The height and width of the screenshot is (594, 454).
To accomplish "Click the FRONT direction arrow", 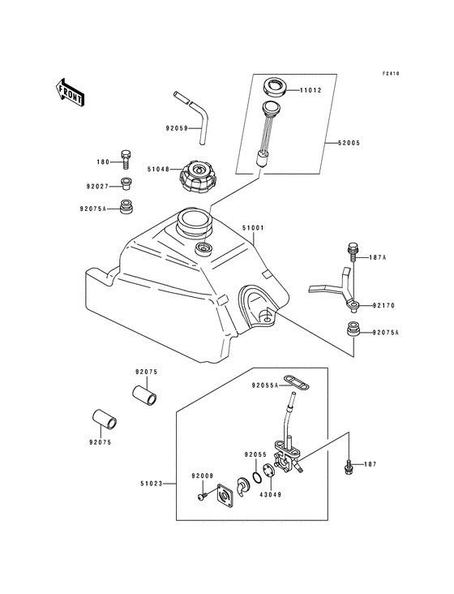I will point(71,93).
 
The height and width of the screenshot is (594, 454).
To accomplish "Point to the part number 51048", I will point(158,170).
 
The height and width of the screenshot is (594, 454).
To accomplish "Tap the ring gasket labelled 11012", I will point(275,85).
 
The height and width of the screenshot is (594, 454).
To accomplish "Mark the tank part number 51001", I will point(254,230).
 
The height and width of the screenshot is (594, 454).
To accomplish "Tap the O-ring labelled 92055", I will point(257,473).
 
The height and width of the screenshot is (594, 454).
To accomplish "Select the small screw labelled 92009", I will point(200,495).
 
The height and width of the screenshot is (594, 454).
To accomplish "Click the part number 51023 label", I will point(152,484).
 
